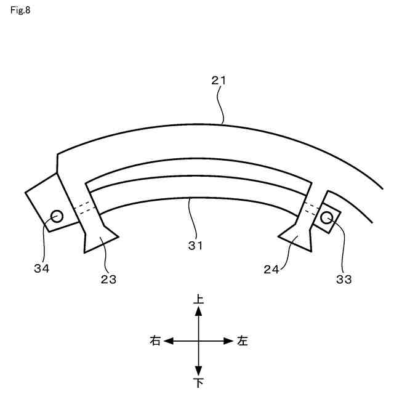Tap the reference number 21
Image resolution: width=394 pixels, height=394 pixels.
point(219,80)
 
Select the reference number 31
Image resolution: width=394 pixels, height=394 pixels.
point(196,244)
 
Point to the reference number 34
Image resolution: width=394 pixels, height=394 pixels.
point(42,268)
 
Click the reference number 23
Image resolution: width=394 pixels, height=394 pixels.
point(108,279)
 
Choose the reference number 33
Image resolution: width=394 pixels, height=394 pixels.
point(344,279)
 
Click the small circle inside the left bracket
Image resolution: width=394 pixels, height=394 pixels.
point(57,216)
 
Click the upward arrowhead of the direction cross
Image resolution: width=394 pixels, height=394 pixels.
point(198,312)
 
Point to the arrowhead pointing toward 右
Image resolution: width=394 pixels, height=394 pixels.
point(168,340)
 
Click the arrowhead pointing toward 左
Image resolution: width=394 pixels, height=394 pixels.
point(228,340)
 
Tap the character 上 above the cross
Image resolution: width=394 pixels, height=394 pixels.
point(198,299)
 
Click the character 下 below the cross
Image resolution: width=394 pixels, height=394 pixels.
point(198,383)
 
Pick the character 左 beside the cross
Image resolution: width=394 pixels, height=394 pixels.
point(242,340)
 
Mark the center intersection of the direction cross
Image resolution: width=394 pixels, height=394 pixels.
point(198,340)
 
